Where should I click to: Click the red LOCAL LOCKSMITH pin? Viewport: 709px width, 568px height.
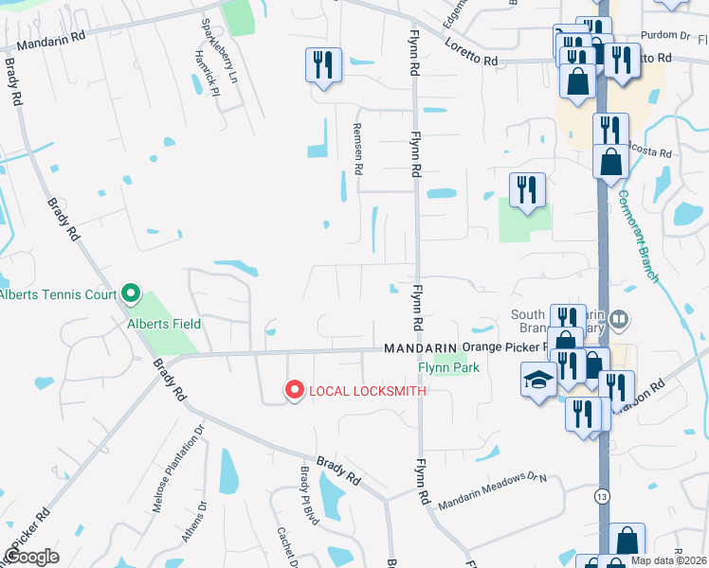tap(294, 389)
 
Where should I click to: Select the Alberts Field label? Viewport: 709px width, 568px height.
tap(165, 324)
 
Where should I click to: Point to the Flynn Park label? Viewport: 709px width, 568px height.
tap(449, 367)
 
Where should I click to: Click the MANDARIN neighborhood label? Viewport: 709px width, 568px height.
tap(421, 348)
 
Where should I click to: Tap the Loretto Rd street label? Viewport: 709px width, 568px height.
tap(477, 61)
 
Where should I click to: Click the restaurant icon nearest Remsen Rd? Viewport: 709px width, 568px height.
tap(323, 65)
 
